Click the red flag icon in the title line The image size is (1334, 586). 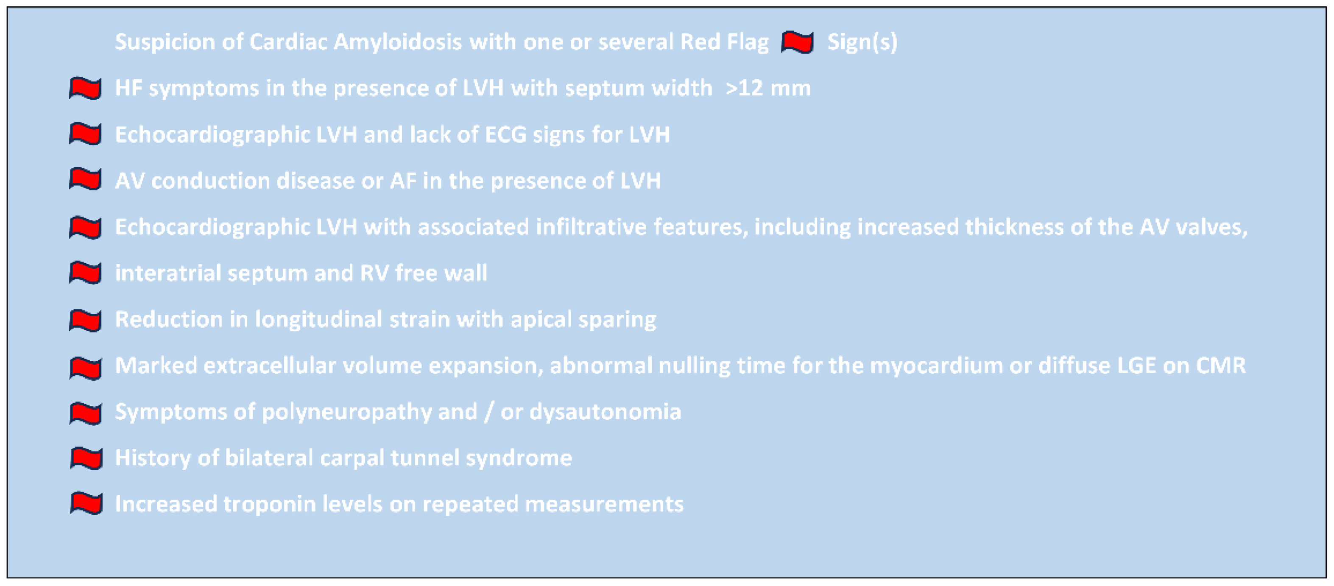(x=798, y=42)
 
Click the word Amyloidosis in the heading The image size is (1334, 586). (x=397, y=42)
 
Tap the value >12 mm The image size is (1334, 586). (x=768, y=88)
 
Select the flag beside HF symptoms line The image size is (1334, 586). (x=86, y=88)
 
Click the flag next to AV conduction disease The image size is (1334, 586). (x=86, y=180)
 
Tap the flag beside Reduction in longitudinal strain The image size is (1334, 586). (x=86, y=320)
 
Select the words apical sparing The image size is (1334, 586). (x=583, y=320)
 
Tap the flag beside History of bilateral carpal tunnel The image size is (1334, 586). (x=86, y=458)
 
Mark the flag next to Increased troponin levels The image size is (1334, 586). (x=86, y=503)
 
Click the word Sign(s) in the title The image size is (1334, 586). (x=862, y=42)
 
